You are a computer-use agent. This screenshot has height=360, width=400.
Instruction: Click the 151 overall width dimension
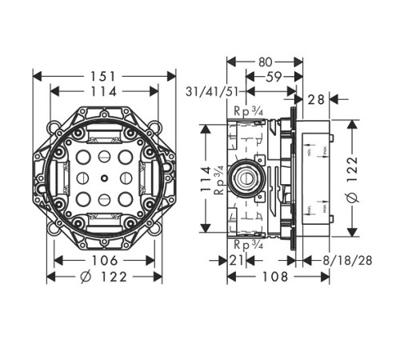104,76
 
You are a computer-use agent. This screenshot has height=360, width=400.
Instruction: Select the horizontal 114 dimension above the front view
104,92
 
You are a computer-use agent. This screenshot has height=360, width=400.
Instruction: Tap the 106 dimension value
104,261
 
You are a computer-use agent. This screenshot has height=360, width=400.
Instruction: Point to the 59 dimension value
271,77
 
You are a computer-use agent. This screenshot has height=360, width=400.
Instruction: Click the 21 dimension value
237,261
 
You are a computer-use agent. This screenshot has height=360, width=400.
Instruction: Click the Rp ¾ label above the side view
246,112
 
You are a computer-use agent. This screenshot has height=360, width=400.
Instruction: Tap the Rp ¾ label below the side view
246,243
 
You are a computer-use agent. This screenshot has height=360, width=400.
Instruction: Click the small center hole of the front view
104,178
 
